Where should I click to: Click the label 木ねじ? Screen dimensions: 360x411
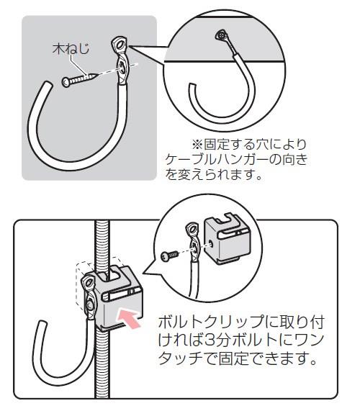(71, 49)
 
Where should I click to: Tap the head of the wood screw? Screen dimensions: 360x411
(66, 82)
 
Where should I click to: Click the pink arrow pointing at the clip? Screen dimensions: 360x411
(128, 317)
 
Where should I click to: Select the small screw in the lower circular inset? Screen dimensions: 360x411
(169, 255)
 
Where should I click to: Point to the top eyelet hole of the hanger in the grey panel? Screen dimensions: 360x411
(120, 44)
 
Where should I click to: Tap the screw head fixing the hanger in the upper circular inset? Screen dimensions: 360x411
(221, 35)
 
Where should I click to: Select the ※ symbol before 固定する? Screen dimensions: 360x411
(197, 144)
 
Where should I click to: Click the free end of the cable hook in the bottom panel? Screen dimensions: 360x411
(42, 325)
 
